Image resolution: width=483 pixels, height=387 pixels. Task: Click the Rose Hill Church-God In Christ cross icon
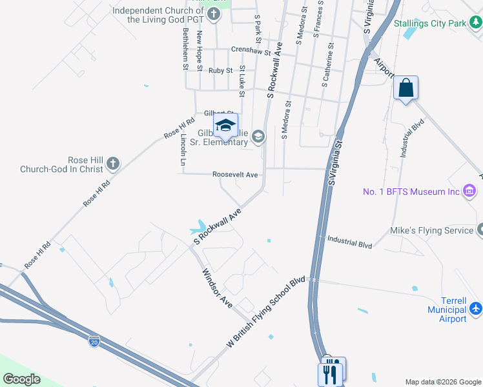click(x=113, y=163)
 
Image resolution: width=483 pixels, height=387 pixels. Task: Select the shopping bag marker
click(x=406, y=88)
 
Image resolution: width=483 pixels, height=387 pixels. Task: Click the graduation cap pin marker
click(x=225, y=126)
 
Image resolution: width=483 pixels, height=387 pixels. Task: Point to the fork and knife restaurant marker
click(x=332, y=372)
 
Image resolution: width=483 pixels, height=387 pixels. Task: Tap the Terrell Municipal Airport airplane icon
click(x=476, y=308)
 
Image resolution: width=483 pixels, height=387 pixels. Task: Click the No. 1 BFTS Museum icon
click(x=469, y=191)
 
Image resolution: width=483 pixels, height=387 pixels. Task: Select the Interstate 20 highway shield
click(x=94, y=339)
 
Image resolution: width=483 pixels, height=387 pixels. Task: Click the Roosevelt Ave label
click(x=235, y=175)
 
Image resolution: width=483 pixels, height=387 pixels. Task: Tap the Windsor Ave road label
click(x=218, y=288)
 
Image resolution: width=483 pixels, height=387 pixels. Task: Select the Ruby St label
click(x=220, y=70)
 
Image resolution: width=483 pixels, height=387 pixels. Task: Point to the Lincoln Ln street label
click(x=183, y=152)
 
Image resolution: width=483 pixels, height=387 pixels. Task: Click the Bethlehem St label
click(x=185, y=48)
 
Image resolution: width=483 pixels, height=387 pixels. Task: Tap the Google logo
click(x=21, y=379)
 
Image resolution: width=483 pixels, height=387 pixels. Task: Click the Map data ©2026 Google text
click(x=442, y=382)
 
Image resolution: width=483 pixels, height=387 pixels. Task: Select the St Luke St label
click(x=242, y=81)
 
